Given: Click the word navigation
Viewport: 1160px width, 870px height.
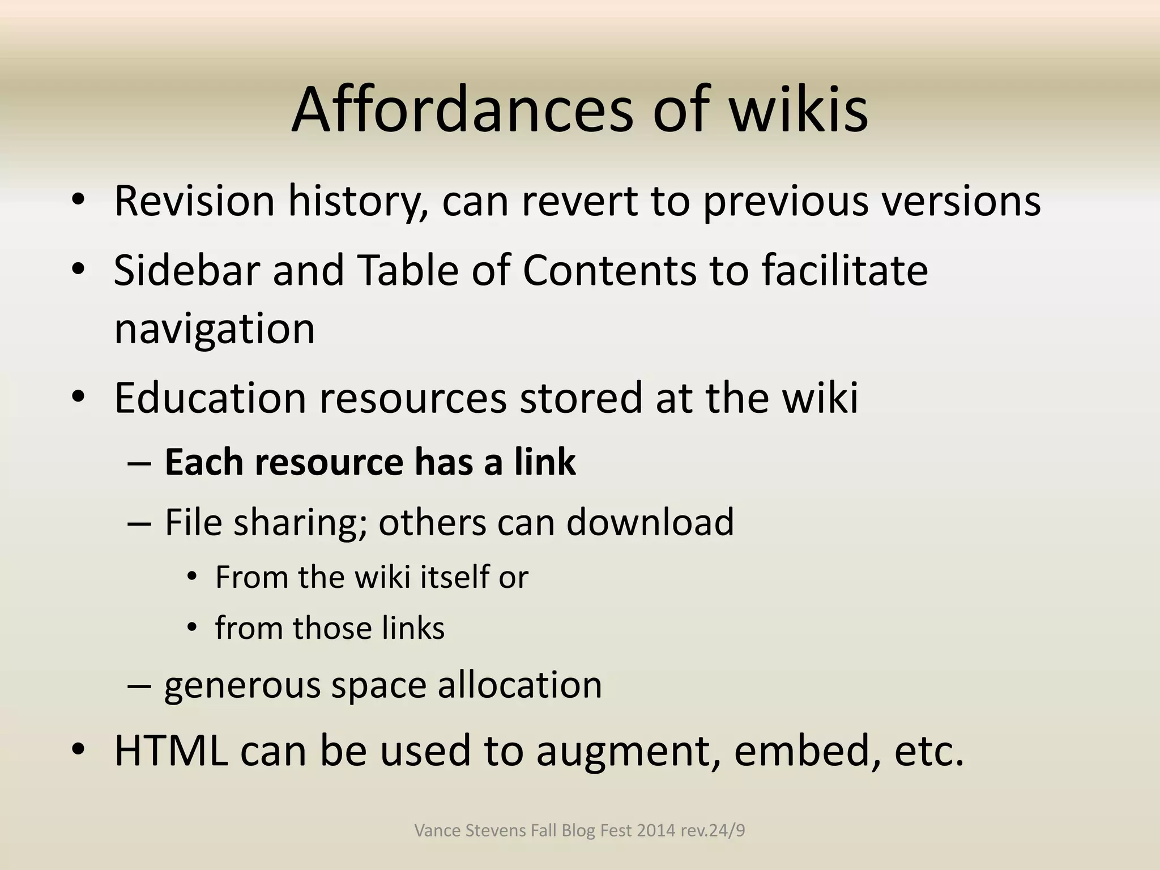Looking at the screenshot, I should [x=214, y=329].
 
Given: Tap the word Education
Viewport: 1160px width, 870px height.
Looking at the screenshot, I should [x=210, y=398].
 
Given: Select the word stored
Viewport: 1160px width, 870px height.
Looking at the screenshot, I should [x=581, y=398].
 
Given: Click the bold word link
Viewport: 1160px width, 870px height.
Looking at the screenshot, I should [x=545, y=462].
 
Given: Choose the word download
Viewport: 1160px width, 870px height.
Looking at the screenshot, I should [x=650, y=522].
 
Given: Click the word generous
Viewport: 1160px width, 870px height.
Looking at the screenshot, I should [x=242, y=685].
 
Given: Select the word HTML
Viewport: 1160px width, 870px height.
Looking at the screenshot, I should [x=171, y=750].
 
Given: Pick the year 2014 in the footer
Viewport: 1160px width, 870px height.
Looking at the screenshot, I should [x=656, y=830].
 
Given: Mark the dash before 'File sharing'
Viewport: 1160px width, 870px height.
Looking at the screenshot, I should [x=139, y=522].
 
